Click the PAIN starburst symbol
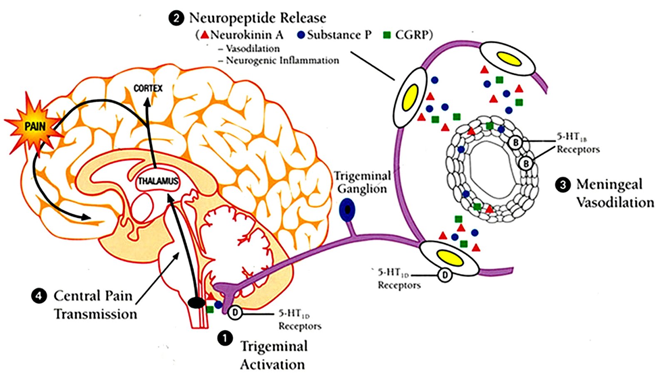pyautogui.click(x=34, y=126)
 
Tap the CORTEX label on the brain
pyautogui.click(x=148, y=88)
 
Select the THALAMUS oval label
pyautogui.click(x=158, y=181)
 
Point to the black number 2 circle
pyautogui.click(x=176, y=18)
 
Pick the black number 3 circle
pyautogui.click(x=563, y=184)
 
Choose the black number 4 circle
pyautogui.click(x=39, y=296)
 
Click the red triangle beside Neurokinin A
pyautogui.click(x=204, y=35)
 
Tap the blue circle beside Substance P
pyautogui.click(x=301, y=35)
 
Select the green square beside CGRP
pyautogui.click(x=387, y=35)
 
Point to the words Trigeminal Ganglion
pyautogui.click(x=362, y=182)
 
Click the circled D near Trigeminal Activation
pyautogui.click(x=235, y=312)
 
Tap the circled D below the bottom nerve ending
pyautogui.click(x=445, y=275)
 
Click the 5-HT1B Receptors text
pyautogui.click(x=578, y=143)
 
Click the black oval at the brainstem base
pyautogui.click(x=196, y=303)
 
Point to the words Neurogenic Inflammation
pyautogui.click(x=282, y=61)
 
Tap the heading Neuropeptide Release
pyautogui.click(x=257, y=18)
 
